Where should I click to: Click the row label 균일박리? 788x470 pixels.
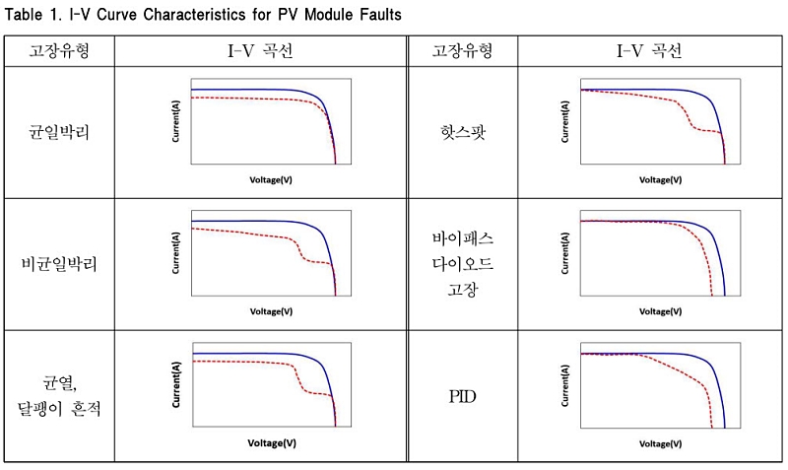[59, 132]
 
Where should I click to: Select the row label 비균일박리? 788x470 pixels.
[59, 264]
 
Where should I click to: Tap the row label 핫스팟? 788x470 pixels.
[463, 132]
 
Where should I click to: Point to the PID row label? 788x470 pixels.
[462, 397]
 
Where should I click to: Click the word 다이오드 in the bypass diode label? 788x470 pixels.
[463, 263]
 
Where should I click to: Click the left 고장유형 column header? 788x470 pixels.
[59, 51]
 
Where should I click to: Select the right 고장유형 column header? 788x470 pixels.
[463, 51]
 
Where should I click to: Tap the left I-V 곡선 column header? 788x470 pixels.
[260, 51]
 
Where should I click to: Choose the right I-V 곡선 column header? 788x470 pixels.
[649, 51]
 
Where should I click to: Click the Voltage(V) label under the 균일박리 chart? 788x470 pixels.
[271, 180]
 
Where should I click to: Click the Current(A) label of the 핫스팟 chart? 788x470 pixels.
[565, 121]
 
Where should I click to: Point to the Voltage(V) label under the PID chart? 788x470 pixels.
[660, 443]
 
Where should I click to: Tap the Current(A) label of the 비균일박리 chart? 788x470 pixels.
[176, 253]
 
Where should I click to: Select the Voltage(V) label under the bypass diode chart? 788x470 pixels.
[660, 311]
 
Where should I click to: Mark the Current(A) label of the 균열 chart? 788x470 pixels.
[176, 384]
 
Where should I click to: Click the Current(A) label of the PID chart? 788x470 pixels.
[565, 385]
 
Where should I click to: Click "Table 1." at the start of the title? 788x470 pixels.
[32, 14]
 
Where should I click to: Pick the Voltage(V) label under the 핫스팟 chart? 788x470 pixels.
[660, 180]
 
